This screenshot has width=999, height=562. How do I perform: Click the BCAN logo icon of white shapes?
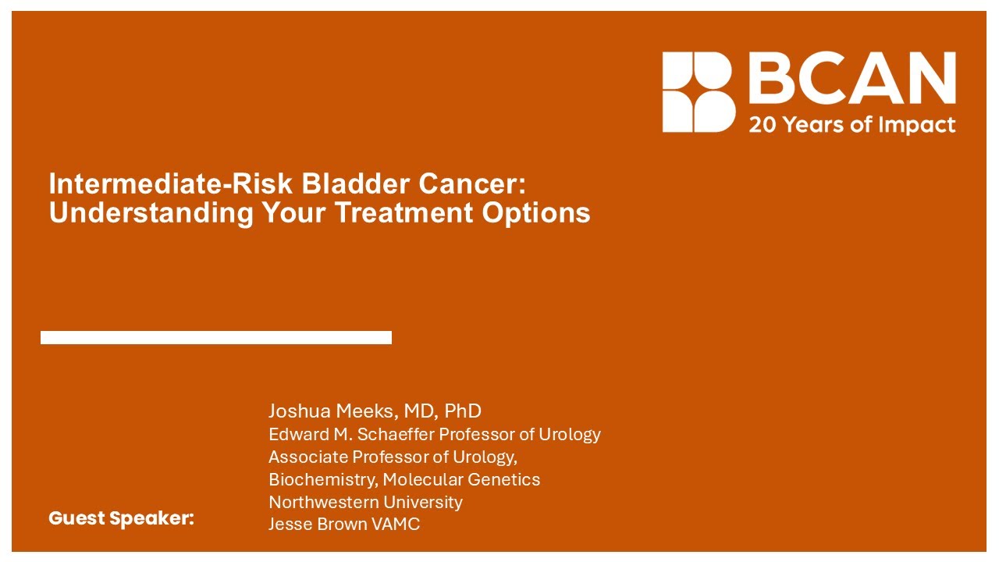point(699,91)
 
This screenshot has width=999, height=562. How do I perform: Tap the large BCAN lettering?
point(851,80)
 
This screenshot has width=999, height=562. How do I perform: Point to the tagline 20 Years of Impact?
point(851,125)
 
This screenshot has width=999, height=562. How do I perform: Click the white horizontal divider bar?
point(216,337)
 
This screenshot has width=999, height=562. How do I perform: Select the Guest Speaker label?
point(121,518)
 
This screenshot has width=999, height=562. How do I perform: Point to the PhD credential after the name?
point(463,411)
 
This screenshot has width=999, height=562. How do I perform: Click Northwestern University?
point(365,502)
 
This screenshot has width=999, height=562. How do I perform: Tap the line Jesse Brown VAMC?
point(344,525)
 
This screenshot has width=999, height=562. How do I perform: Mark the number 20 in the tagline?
point(761,125)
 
